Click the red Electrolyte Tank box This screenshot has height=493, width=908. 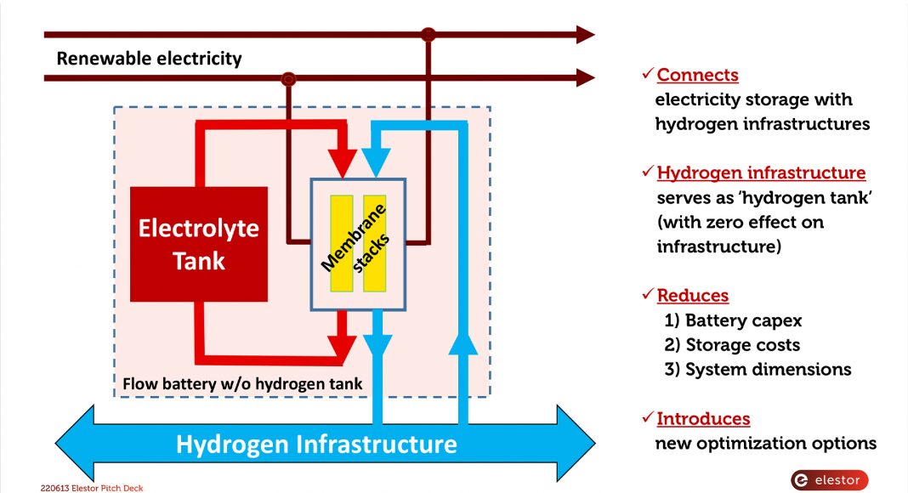pos(198,244)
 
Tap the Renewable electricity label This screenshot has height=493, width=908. pos(149,59)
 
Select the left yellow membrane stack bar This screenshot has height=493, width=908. pos(342,243)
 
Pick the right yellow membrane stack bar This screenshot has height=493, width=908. pos(375,243)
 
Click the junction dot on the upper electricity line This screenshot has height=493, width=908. pos(428,35)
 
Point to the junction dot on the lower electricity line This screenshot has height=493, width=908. pos(289,79)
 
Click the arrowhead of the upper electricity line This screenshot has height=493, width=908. pos(585,35)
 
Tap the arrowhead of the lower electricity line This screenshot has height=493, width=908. pos(585,78)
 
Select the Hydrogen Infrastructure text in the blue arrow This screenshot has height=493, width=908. pos(316,444)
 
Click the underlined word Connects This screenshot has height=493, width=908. pos(697,75)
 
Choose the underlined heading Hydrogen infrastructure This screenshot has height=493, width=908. pos(761,173)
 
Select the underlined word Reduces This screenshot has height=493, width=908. pos(692,296)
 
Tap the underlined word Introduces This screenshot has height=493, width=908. pos(703,418)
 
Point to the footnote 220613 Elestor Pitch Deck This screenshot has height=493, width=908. pos(86,488)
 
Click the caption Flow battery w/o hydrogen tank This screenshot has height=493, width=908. pos(242,384)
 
